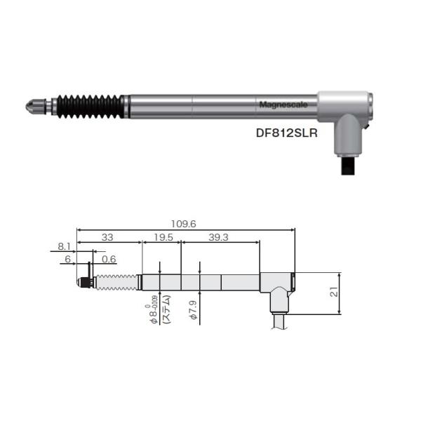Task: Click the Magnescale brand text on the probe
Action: tap(279, 105)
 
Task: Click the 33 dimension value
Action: tap(109, 237)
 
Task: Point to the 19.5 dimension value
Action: tap(163, 237)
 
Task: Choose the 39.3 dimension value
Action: tap(219, 237)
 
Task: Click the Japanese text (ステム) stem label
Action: tap(167, 308)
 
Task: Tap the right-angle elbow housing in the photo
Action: tap(345, 112)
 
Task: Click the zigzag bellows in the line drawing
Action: tap(116, 282)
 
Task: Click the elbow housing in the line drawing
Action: tap(276, 288)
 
